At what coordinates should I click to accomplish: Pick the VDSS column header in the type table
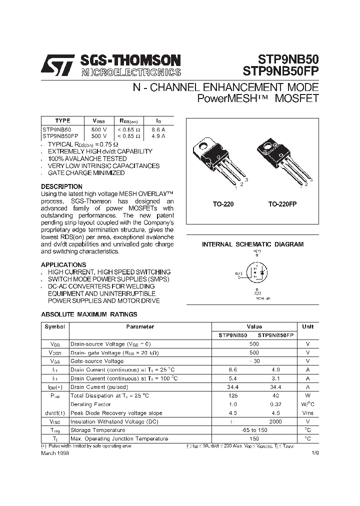click(x=98, y=120)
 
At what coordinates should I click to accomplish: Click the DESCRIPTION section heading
click(x=61, y=186)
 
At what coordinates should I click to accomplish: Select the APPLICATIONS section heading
click(x=63, y=264)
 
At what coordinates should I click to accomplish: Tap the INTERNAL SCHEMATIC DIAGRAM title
click(x=252, y=244)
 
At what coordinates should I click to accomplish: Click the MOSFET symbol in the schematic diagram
click(x=256, y=273)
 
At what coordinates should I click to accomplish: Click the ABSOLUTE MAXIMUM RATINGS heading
click(x=88, y=314)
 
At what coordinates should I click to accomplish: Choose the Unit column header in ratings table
click(x=308, y=326)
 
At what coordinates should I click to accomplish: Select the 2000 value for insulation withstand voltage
click(x=275, y=421)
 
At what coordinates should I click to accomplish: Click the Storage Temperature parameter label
click(x=97, y=430)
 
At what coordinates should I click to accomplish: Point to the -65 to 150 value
click(x=254, y=430)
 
